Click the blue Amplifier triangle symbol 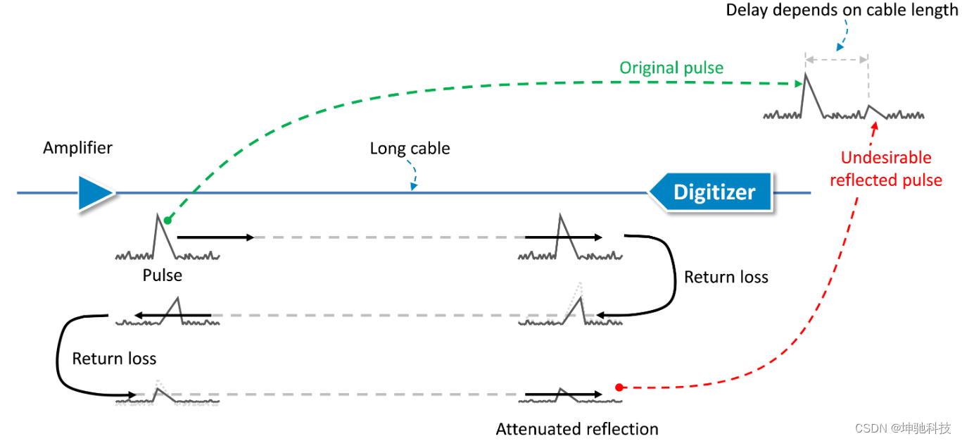95,193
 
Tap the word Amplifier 77,148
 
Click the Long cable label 410,149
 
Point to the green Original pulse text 671,68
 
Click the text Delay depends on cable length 842,10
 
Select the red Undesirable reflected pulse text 886,169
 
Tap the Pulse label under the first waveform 163,275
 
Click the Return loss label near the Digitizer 726,278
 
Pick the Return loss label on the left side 114,359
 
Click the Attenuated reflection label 577,429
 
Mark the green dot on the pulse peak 167,220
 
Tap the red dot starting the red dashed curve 619,387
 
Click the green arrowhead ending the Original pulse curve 799,84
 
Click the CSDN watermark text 903,428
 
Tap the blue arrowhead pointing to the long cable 414,186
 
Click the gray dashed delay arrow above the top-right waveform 837,60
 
